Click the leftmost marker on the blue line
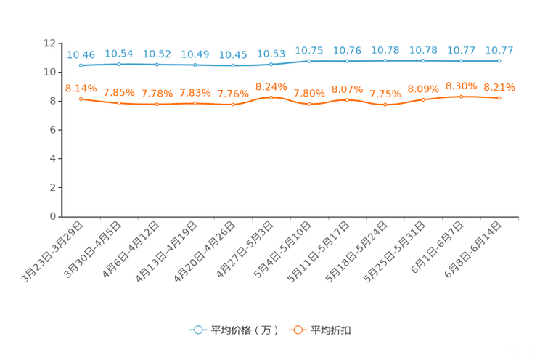point(81,65)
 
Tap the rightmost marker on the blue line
point(499,61)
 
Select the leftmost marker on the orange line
point(81,99)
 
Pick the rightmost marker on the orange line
point(499,98)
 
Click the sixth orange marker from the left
point(271,97)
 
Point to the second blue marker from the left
point(118,64)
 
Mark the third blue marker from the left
point(157,65)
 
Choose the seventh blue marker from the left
point(309,61)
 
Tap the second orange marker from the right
point(461,97)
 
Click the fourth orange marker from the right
point(385,105)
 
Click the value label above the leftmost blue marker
point(81,54)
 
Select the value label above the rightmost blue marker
point(499,50)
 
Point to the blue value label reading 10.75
point(309,50)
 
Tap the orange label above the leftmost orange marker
point(81,88)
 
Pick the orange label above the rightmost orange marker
point(499,87)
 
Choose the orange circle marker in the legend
point(297,330)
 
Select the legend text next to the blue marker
point(245,330)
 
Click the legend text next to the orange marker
point(332,330)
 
